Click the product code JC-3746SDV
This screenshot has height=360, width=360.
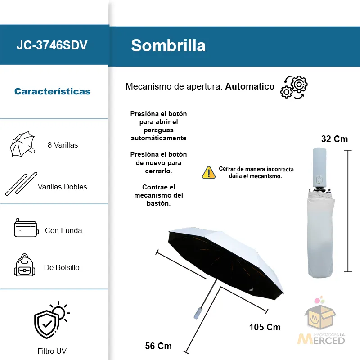pyautogui.click(x=52, y=45)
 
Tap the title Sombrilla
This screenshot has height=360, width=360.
pyautogui.click(x=168, y=45)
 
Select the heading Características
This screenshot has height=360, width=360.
pyautogui.click(x=52, y=92)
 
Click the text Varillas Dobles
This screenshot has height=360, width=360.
pyautogui.click(x=63, y=187)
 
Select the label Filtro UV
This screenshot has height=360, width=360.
pyautogui.click(x=52, y=351)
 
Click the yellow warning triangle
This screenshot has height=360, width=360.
pyautogui.click(x=209, y=172)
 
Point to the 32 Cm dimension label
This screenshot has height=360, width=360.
pyautogui.click(x=334, y=139)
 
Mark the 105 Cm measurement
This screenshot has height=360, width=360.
pyautogui.click(x=265, y=327)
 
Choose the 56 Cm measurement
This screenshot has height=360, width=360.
pyautogui.click(x=158, y=346)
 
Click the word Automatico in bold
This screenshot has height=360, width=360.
pyautogui.click(x=250, y=86)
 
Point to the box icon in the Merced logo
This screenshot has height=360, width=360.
pyautogui.click(x=319, y=319)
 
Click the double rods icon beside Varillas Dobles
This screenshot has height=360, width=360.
pyautogui.click(x=21, y=183)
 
